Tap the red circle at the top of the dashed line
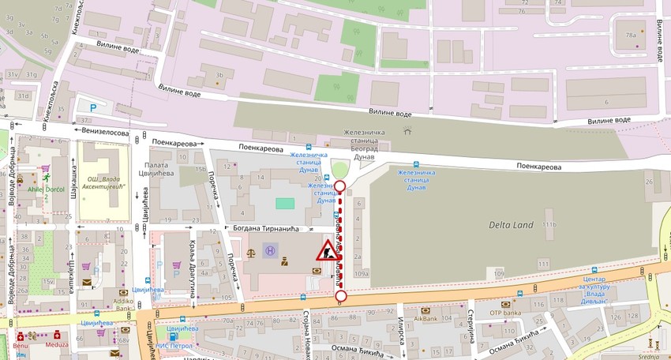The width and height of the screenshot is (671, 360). [340, 186]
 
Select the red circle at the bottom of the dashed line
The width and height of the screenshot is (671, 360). [341, 296]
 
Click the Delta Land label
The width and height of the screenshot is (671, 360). [512, 223]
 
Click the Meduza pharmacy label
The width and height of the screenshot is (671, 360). [56, 344]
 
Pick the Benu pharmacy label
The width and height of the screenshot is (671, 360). [20, 345]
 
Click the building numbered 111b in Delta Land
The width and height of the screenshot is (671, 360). [549, 226]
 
